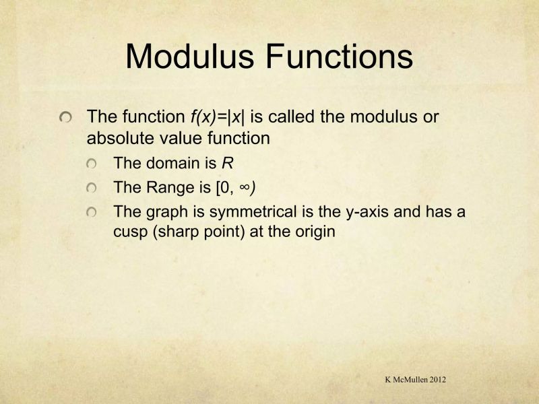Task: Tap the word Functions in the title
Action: tap(338, 56)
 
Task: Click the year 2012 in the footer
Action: tap(435, 380)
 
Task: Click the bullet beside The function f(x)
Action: tap(66, 118)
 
